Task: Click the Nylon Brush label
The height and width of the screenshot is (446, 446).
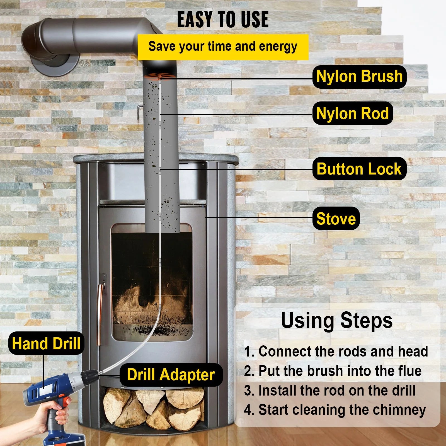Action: [359, 77]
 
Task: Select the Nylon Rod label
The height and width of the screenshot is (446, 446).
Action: [353, 113]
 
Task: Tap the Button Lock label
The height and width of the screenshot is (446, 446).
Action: [359, 169]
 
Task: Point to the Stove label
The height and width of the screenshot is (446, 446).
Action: [336, 219]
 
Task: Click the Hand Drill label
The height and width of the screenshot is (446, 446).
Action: [46, 343]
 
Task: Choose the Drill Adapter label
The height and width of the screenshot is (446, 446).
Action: [171, 375]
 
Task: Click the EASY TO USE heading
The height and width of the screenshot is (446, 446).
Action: [223, 20]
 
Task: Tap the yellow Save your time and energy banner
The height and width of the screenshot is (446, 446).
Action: [223, 47]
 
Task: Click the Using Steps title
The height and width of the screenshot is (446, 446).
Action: [336, 321]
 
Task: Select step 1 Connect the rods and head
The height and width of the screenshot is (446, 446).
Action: [336, 351]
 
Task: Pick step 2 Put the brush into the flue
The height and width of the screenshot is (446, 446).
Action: [333, 371]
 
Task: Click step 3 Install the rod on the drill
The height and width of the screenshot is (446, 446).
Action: [330, 391]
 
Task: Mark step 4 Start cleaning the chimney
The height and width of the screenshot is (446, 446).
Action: [335, 410]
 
